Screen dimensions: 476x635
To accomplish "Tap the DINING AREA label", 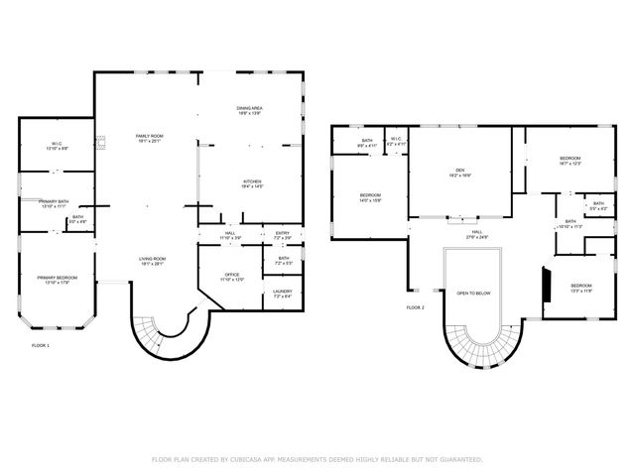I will pyautogui.click(x=249, y=108).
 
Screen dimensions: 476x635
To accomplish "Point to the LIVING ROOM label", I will pyautogui.click(x=152, y=259).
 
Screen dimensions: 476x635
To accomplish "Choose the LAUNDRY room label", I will pyautogui.click(x=283, y=291).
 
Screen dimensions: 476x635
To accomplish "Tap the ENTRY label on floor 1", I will pyautogui.click(x=283, y=234).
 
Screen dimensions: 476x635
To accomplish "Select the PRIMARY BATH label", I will pyautogui.click(x=54, y=201).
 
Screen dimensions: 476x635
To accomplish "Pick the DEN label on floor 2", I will pyautogui.click(x=459, y=171).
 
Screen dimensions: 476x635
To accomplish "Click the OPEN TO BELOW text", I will pyautogui.click(x=473, y=294).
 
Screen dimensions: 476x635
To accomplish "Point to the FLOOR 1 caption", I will pyautogui.click(x=41, y=345).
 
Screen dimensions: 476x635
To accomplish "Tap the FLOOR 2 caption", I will pyautogui.click(x=415, y=307).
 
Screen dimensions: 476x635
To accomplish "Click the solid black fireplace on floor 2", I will pyautogui.click(x=545, y=284).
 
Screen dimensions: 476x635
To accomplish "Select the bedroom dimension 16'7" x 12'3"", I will pyautogui.click(x=571, y=164).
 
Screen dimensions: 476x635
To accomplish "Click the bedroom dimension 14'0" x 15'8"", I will pyautogui.click(x=370, y=200).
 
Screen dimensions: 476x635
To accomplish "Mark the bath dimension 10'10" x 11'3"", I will pyautogui.click(x=571, y=227).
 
